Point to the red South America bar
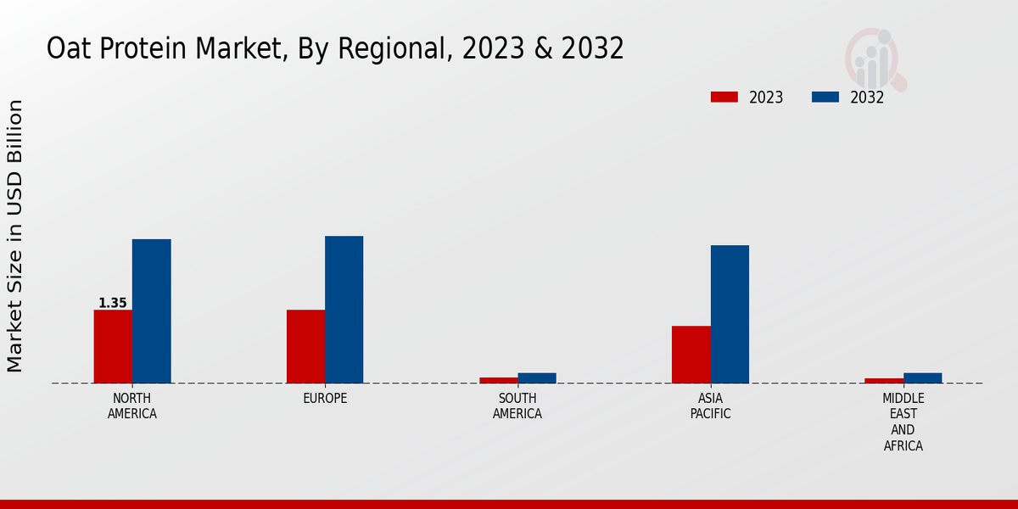(x=498, y=380)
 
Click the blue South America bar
(x=537, y=378)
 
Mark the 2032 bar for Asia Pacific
(x=730, y=314)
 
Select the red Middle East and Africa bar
(x=884, y=380)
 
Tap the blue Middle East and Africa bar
(x=922, y=378)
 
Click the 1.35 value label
(x=113, y=303)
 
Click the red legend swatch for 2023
(x=724, y=97)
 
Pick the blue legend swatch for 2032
(x=825, y=97)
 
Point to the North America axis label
(x=132, y=406)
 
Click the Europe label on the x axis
(x=325, y=399)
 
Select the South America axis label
(x=517, y=406)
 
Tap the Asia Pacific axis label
(x=710, y=406)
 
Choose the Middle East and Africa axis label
(x=903, y=422)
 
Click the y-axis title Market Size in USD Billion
(x=15, y=236)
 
